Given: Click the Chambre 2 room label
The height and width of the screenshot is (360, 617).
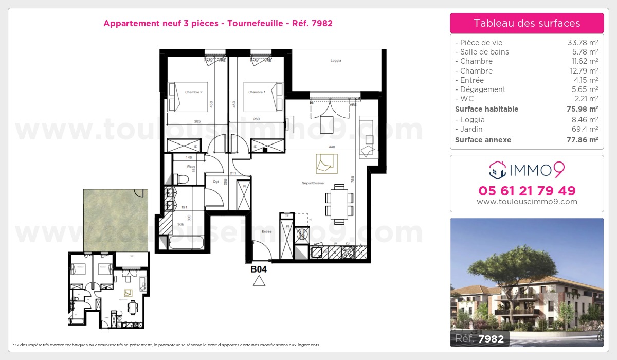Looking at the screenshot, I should coord(179,92).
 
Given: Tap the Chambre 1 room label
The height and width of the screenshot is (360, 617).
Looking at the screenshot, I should coord(257,92).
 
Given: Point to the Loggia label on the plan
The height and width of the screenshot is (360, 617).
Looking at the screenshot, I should coord(336,61).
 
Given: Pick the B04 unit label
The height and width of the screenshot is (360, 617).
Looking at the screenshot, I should coord(258,268).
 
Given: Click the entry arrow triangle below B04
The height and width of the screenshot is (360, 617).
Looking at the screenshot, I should coord(259,281).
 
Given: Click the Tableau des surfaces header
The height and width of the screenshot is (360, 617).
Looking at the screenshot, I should coord(527,23).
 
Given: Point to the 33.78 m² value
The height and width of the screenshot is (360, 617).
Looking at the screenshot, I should coord(583,43).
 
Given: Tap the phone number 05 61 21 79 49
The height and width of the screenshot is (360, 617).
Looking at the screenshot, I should coord(527,191).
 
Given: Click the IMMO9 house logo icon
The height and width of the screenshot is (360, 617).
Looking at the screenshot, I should coord(497,168).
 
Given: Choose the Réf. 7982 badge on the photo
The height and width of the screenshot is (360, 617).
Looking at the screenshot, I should coord(480,338).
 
